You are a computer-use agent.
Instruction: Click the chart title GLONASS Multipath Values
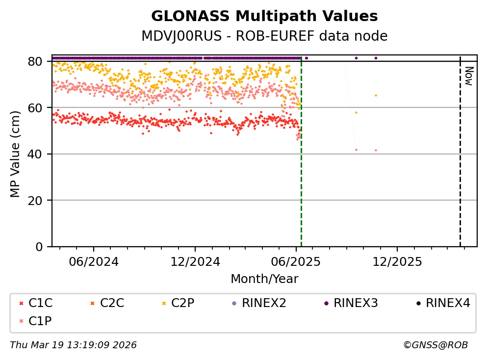click(264, 16)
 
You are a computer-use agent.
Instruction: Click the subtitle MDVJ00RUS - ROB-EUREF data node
click(264, 36)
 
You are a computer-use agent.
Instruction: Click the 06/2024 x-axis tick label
click(94, 261)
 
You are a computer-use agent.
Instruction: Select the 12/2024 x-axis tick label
click(195, 261)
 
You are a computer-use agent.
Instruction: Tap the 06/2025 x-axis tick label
click(296, 261)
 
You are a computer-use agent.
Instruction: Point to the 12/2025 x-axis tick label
click(397, 261)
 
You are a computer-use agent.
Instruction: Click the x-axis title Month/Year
click(264, 279)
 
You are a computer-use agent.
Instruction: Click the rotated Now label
click(468, 76)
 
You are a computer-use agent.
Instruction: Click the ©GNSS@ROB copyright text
click(436, 345)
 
